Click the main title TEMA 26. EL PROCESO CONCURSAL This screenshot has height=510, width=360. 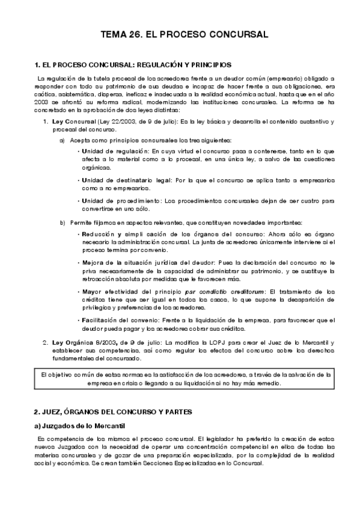click(x=180, y=35)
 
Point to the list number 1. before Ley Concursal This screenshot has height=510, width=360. click(x=46, y=122)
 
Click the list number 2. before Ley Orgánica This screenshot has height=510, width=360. click(x=46, y=343)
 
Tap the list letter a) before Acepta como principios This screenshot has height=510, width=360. click(x=63, y=140)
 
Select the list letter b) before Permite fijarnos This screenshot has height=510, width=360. click(x=63, y=223)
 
